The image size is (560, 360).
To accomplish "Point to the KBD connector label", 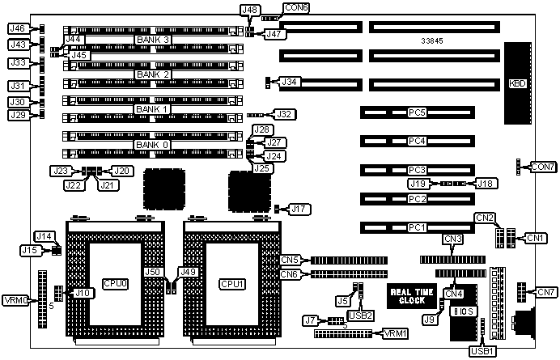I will pyautogui.click(x=515, y=83).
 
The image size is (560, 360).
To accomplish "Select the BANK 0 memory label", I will pyautogui.click(x=153, y=145).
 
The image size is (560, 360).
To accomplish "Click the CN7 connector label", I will pyautogui.click(x=545, y=291).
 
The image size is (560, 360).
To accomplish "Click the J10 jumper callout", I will pyautogui.click(x=81, y=292).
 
